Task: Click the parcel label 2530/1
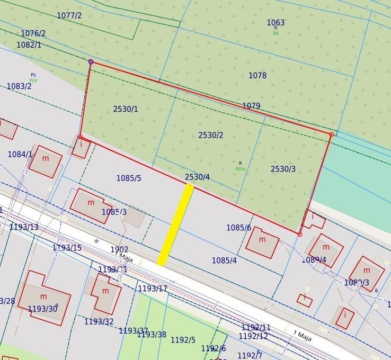125,109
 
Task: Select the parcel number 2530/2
211,135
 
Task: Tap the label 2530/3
283,169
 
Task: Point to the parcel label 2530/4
197,177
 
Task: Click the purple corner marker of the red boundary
91,62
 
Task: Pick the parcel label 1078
257,76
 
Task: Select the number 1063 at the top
276,22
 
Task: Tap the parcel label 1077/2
69,15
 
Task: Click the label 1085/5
129,178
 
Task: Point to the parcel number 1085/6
238,228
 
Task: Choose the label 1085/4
224,260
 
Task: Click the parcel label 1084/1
20,154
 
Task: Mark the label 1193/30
42,309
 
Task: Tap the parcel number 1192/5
183,340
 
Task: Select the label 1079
251,106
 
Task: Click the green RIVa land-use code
241,169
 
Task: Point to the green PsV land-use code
33,80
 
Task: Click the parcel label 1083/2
19,86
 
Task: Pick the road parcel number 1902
119,249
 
